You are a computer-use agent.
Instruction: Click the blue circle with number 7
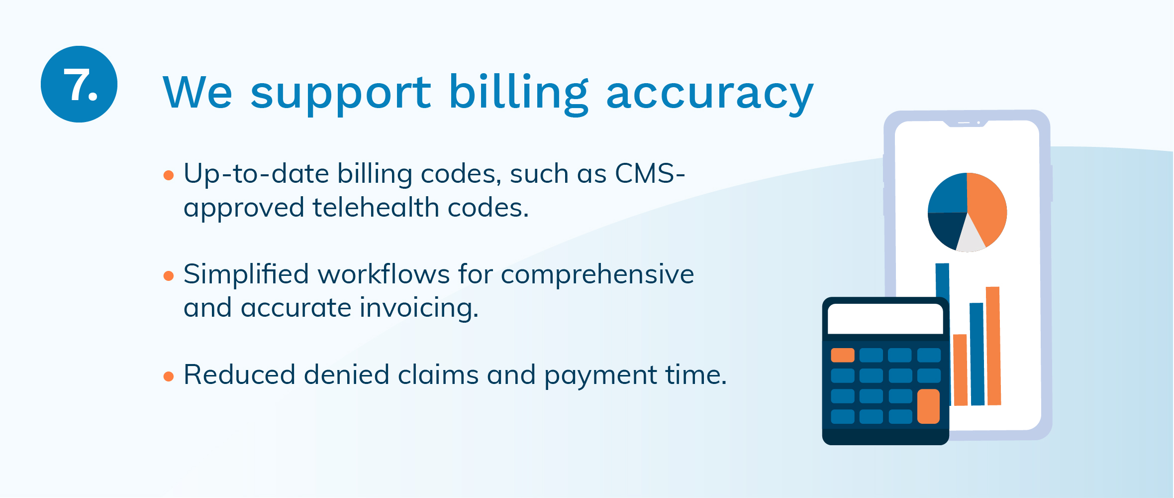(x=79, y=84)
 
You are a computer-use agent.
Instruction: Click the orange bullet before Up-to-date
(x=169, y=175)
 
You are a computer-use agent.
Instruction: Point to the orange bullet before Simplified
(x=169, y=276)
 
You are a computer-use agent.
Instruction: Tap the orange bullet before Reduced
(x=169, y=376)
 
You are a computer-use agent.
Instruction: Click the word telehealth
(x=376, y=207)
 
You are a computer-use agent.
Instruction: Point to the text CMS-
(x=650, y=174)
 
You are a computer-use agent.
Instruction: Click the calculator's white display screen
(x=885, y=319)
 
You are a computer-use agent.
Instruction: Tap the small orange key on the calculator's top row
(x=843, y=355)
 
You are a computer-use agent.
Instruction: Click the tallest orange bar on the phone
(x=993, y=346)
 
